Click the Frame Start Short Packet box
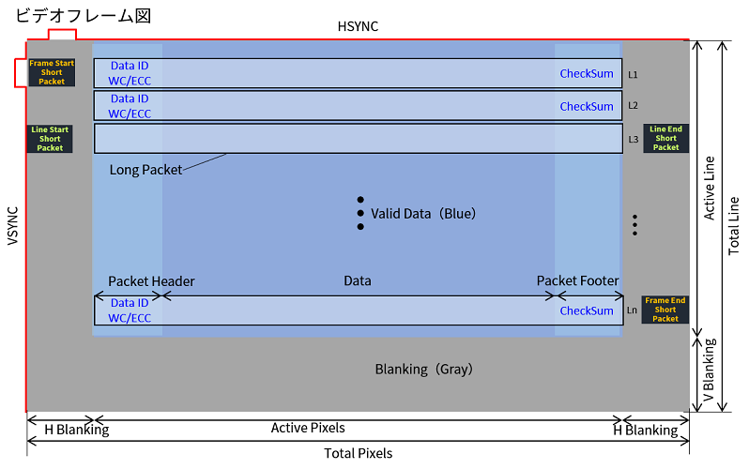click(52, 72)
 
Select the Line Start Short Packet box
click(50, 139)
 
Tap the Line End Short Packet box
click(665, 138)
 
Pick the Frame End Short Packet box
click(665, 310)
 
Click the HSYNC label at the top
click(358, 26)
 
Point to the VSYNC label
click(13, 226)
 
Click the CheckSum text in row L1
click(587, 73)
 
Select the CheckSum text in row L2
click(587, 107)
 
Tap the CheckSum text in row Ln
click(587, 310)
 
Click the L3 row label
click(633, 140)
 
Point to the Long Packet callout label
click(145, 170)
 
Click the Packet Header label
click(151, 281)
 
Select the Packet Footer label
click(577, 280)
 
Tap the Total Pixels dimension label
click(359, 453)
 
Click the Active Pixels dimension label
click(308, 428)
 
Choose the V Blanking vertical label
click(709, 371)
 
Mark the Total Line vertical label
click(733, 226)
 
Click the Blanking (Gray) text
click(423, 370)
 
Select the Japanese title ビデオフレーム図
click(84, 15)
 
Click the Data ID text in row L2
click(130, 98)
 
